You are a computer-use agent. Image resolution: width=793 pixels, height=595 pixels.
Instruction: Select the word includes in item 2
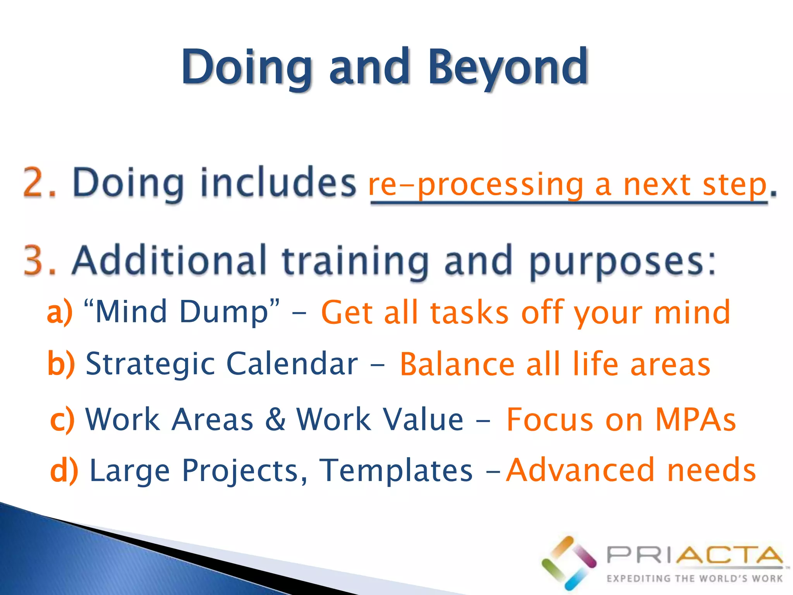(278, 182)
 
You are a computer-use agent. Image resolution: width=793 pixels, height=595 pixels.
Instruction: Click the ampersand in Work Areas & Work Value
(275, 419)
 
